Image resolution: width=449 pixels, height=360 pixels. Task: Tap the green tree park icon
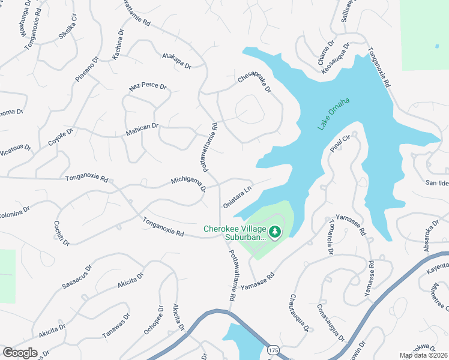(x=275, y=231)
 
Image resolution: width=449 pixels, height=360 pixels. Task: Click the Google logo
(x=20, y=353)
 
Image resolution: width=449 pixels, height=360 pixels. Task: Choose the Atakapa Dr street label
(x=176, y=61)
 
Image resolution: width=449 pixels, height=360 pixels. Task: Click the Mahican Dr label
(x=142, y=127)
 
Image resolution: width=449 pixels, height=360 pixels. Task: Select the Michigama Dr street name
(x=188, y=184)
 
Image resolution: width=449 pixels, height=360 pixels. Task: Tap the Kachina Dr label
(x=118, y=45)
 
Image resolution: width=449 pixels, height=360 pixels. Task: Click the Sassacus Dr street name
(x=77, y=277)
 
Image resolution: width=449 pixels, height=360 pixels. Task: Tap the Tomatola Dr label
(x=331, y=236)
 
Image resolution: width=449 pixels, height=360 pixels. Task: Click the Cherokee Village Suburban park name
(x=235, y=233)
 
